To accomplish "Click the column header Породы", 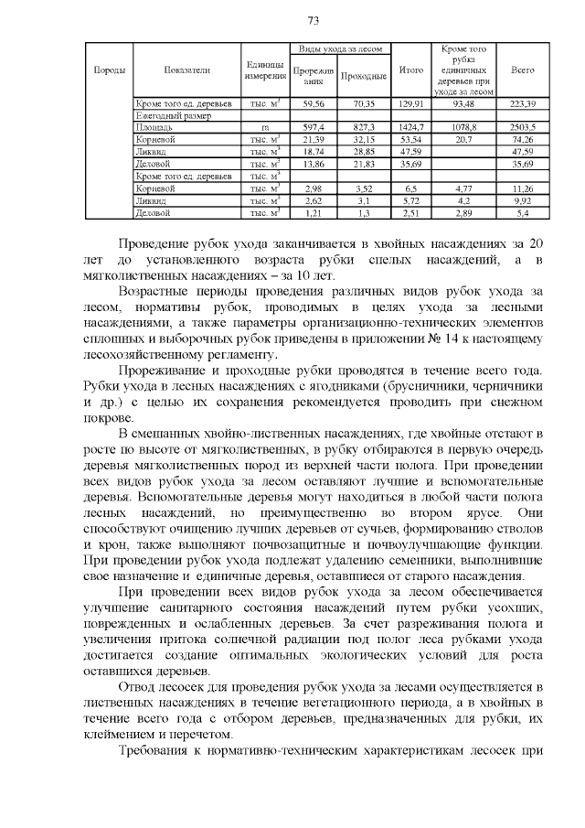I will (x=109, y=70).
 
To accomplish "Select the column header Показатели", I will (x=187, y=70).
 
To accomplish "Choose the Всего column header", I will (x=523, y=70).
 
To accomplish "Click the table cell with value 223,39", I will (x=523, y=104).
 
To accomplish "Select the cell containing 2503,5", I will (x=523, y=127).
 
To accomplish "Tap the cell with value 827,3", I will (x=365, y=127).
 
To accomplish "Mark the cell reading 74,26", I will (x=523, y=139).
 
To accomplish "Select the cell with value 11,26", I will (x=523, y=187).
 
